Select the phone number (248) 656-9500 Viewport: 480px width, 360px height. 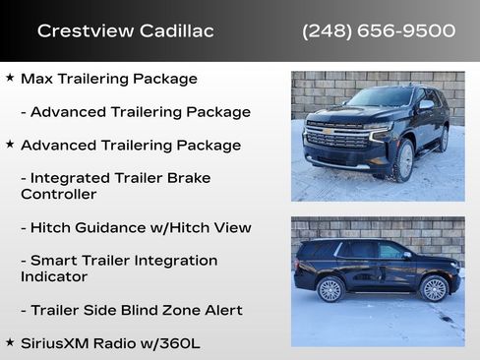[x=379, y=31]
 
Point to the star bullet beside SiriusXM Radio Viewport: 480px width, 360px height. [x=10, y=342]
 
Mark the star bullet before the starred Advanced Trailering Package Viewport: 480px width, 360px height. [x=10, y=145]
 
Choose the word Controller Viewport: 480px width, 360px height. [x=58, y=195]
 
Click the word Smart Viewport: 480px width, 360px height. [x=54, y=261]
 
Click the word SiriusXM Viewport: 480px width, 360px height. [x=57, y=342]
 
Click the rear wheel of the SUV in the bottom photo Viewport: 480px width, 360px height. [x=330, y=289]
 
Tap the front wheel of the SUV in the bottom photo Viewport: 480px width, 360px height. [x=433, y=288]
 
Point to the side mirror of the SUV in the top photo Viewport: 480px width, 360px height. [x=425, y=106]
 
